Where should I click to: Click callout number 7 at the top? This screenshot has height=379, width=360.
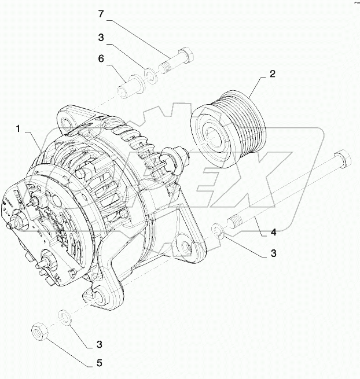[101, 13]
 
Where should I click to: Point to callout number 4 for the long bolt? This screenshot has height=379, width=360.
[273, 233]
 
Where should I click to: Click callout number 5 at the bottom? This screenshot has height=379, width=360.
[99, 363]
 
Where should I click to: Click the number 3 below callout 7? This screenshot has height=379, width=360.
[101, 38]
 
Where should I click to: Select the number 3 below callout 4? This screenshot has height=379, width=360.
[273, 253]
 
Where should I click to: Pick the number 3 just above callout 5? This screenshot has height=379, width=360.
[99, 344]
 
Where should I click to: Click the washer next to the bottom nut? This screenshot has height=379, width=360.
[65, 316]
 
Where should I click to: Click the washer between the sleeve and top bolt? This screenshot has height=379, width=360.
[150, 75]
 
